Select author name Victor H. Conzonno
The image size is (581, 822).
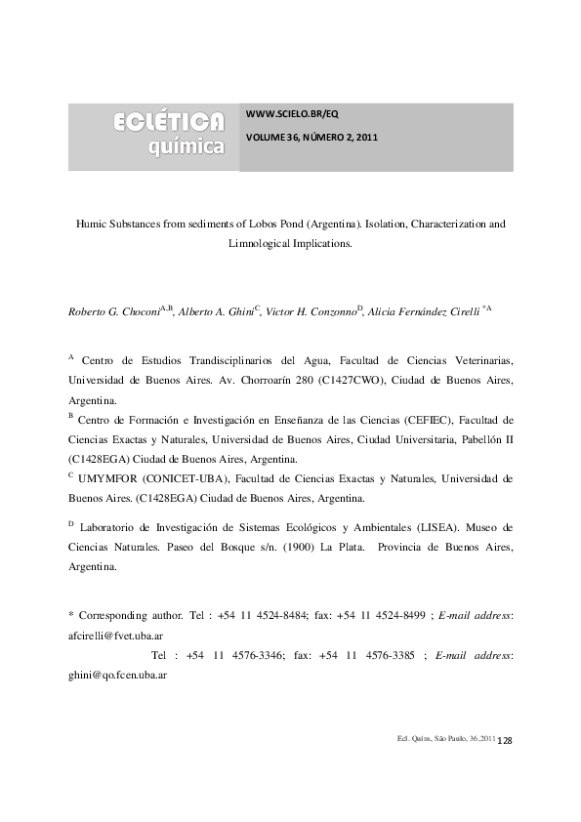[311, 311]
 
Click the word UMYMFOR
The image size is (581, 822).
[108, 478]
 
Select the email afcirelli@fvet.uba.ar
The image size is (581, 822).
[115, 635]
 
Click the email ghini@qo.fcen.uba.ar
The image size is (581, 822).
[113, 674]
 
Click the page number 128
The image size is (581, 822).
[506, 743]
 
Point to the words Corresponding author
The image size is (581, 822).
[131, 615]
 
